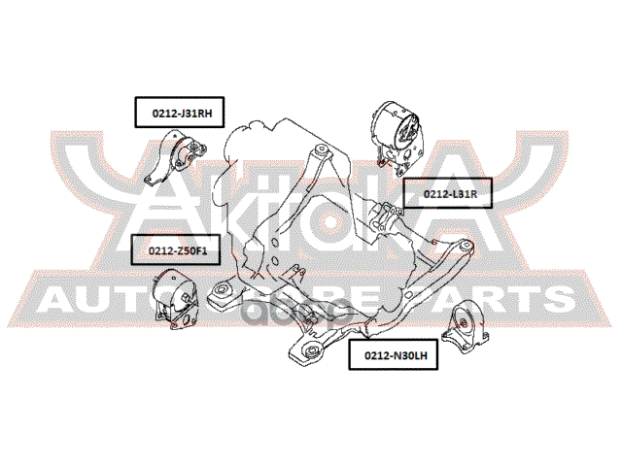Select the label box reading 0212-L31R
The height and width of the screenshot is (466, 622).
(447, 194)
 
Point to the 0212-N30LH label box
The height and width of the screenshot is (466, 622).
(395, 356)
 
